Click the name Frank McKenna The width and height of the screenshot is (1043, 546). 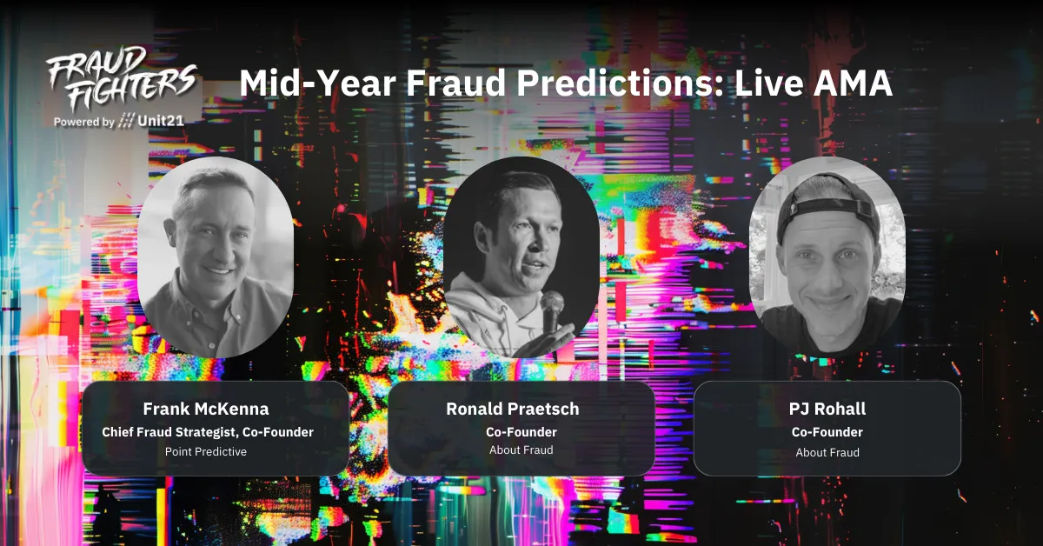point(206,409)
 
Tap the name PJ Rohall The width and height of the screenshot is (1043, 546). point(827,409)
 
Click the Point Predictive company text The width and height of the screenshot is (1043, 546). point(206,451)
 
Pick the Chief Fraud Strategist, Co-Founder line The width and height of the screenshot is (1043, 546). point(207,431)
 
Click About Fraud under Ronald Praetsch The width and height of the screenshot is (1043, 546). point(521,450)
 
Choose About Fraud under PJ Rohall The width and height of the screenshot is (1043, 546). point(827,452)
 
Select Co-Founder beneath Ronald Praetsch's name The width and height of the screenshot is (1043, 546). point(521,431)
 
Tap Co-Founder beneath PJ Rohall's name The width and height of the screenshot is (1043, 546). point(827,431)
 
